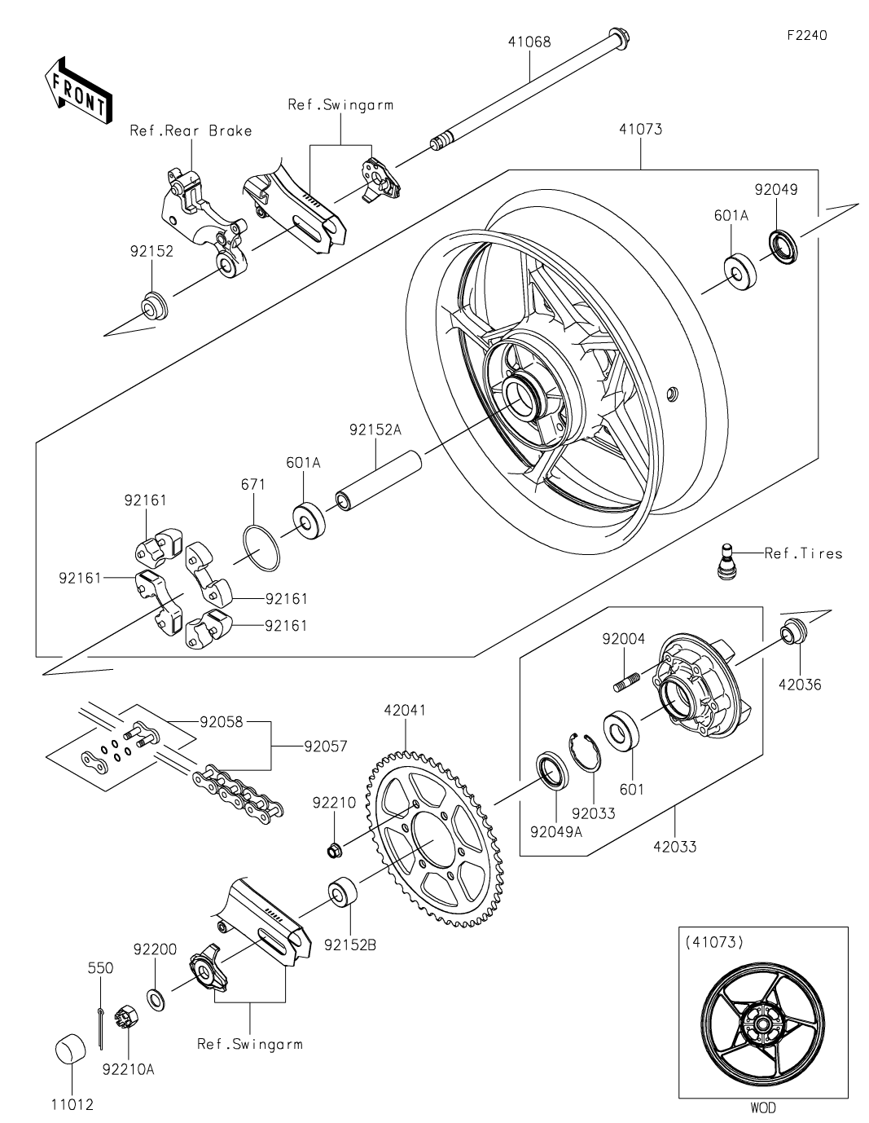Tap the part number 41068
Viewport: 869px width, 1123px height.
click(529, 42)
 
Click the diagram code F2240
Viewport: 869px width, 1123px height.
click(807, 35)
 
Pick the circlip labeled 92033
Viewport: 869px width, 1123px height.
click(585, 752)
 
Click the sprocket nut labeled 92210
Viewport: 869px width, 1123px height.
click(334, 849)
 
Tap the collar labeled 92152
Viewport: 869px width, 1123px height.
click(155, 306)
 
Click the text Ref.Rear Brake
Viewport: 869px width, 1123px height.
click(191, 131)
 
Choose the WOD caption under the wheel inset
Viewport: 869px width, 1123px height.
click(763, 1108)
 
